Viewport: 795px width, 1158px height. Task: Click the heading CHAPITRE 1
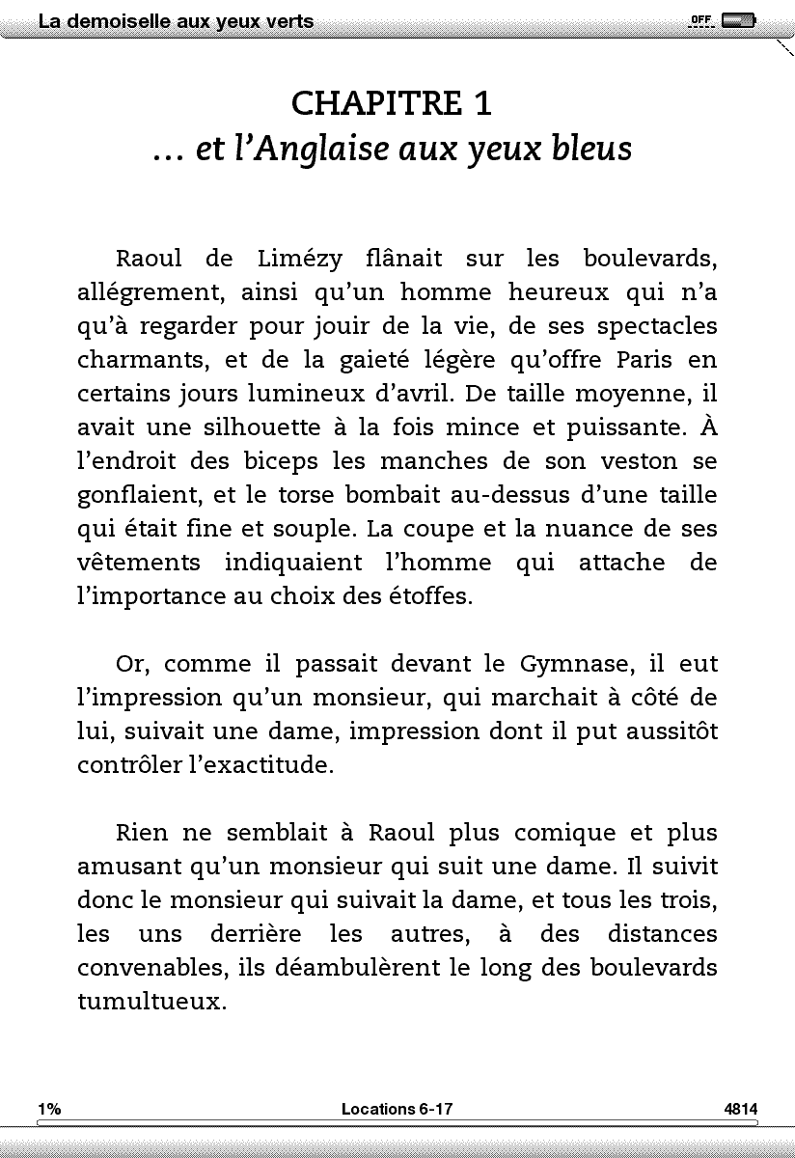(397, 101)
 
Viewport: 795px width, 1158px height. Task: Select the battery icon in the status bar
(738, 20)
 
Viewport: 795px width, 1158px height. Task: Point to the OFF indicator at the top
(700, 20)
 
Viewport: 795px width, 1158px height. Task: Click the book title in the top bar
(176, 21)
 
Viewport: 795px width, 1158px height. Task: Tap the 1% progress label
(49, 1110)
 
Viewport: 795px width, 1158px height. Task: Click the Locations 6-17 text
(397, 1110)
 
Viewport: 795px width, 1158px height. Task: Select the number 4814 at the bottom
(741, 1110)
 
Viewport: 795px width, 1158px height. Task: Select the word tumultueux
(151, 1002)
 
